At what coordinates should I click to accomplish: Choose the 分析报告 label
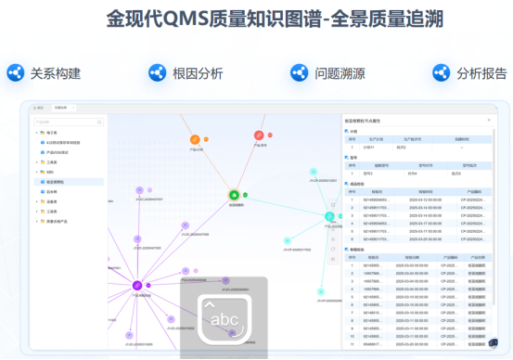481,72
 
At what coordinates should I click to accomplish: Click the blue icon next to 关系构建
16,72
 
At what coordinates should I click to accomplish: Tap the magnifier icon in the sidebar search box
100,121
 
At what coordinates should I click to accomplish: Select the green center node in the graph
234,195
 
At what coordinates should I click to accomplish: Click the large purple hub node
136,285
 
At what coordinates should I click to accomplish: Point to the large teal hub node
330,216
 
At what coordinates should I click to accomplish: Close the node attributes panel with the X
490,121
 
